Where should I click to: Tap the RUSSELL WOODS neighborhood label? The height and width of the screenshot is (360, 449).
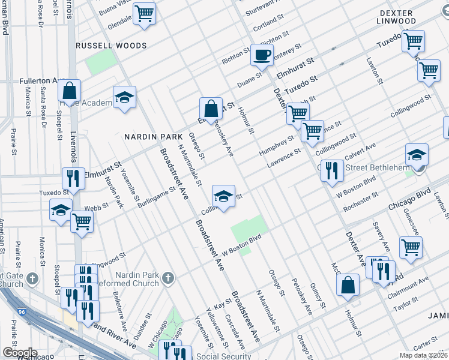(111, 46)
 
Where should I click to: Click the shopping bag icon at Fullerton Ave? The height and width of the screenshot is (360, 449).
(70, 91)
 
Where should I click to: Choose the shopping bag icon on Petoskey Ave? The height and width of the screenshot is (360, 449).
(211, 109)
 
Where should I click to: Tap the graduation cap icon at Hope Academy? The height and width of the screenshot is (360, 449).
(124, 97)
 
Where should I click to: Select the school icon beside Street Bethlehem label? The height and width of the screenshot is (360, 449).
(417, 155)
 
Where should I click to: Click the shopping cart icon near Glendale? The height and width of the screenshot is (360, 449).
(144, 13)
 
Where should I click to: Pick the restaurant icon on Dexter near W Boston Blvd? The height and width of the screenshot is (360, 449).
(331, 170)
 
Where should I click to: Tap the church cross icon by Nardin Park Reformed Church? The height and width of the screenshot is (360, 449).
(168, 278)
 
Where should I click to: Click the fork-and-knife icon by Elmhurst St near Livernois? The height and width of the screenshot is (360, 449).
(73, 178)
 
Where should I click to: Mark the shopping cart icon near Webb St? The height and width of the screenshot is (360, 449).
(82, 221)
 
